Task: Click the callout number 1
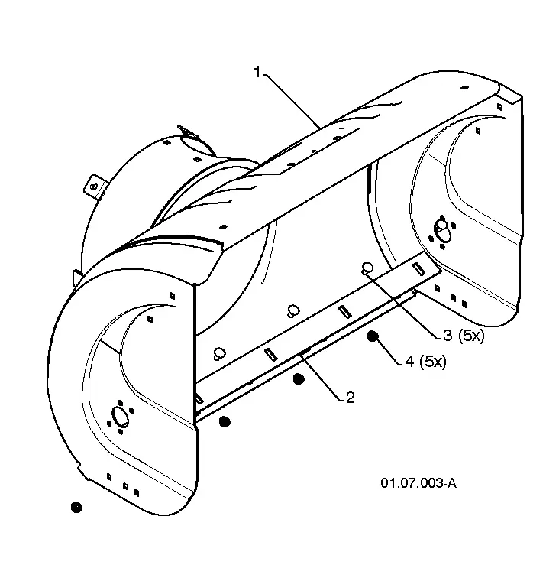click(257, 72)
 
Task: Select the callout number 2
click(350, 397)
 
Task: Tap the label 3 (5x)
click(464, 336)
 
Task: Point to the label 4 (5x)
click(425, 361)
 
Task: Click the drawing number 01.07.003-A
click(418, 483)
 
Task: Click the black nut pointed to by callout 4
click(373, 336)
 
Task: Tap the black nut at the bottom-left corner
click(76, 507)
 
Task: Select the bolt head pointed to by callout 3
click(367, 268)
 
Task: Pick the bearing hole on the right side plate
click(441, 231)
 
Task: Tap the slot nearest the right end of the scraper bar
click(418, 268)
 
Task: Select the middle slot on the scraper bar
click(345, 312)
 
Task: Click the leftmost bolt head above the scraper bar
click(219, 353)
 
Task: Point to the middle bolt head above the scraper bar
click(293, 310)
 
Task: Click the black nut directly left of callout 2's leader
click(299, 379)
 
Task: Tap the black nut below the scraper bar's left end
click(225, 421)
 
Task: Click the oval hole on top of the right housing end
click(464, 87)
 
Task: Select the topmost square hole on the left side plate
click(172, 296)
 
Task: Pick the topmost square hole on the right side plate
click(499, 107)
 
